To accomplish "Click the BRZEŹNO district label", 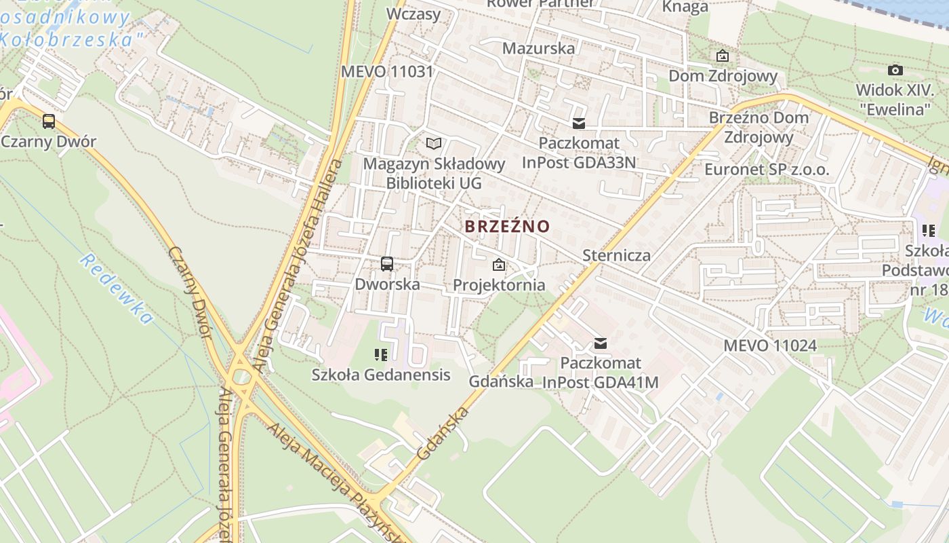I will (507, 226).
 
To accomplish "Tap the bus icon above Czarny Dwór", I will (49, 121).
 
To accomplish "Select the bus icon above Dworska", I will (387, 264).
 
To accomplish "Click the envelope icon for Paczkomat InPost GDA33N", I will (578, 124).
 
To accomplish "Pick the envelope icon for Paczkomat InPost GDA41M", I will (600, 343).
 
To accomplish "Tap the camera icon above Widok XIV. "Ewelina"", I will (895, 70).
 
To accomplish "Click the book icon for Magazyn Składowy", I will (434, 143).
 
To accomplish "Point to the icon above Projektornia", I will (499, 265).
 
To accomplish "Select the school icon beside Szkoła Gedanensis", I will (380, 354).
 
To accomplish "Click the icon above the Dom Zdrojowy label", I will (723, 56).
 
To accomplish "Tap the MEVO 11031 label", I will (387, 71).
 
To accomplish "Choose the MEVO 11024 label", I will (770, 345).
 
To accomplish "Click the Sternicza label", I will (617, 255).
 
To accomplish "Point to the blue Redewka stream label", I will (116, 288).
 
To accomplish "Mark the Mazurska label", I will (538, 48).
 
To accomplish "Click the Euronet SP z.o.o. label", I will (767, 169).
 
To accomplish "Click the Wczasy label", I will (413, 14).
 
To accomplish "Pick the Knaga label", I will (685, 7).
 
